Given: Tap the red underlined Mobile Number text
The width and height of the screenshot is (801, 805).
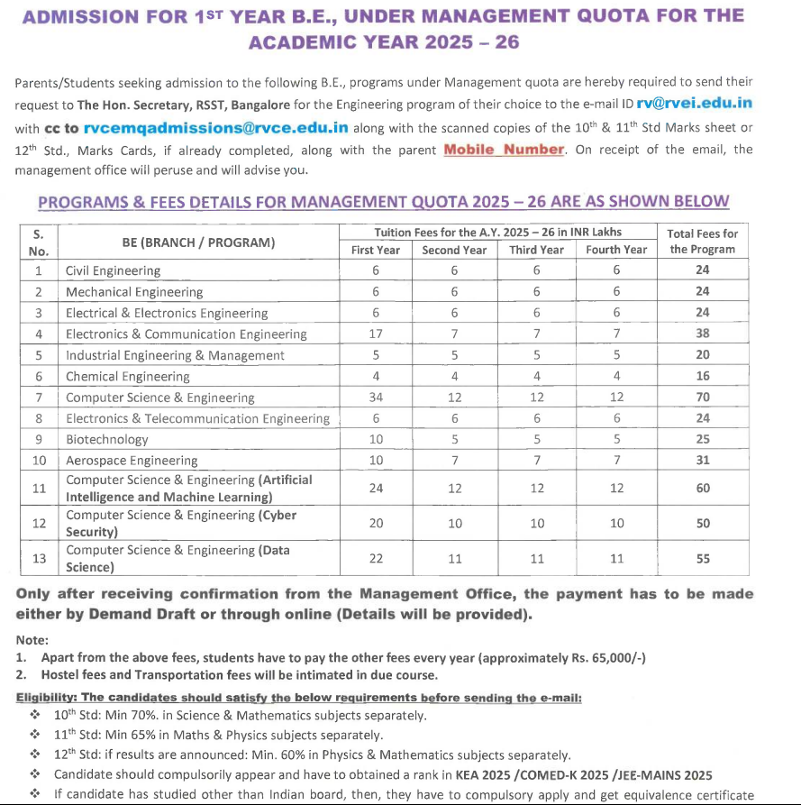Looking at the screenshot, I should click(x=504, y=150).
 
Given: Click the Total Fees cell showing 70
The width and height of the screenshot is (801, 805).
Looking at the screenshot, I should click(x=703, y=398).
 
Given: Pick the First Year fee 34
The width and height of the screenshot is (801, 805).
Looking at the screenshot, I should click(x=376, y=398).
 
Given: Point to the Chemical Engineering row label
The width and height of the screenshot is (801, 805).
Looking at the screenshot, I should click(x=128, y=377).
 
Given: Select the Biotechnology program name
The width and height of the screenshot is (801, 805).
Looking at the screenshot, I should click(x=106, y=440).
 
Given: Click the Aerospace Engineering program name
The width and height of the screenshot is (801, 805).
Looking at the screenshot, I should click(x=132, y=461).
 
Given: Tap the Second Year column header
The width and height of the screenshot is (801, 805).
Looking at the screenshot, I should click(x=454, y=250).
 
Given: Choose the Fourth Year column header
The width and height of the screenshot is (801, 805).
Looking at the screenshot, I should click(x=616, y=250).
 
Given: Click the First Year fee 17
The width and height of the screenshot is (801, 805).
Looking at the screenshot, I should click(x=376, y=334).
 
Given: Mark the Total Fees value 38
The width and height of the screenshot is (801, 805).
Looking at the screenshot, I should click(x=703, y=334).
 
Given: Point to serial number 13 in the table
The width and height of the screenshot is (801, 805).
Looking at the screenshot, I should click(x=39, y=559).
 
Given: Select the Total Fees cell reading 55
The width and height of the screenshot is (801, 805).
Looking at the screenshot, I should click(x=703, y=559).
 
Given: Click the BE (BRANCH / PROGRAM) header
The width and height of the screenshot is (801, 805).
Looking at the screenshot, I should click(x=198, y=242).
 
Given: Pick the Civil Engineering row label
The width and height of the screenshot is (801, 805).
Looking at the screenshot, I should click(x=114, y=270).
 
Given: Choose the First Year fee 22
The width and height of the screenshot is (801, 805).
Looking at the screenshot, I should click(x=376, y=559).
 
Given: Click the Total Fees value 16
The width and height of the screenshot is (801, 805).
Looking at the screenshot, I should click(x=703, y=377).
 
